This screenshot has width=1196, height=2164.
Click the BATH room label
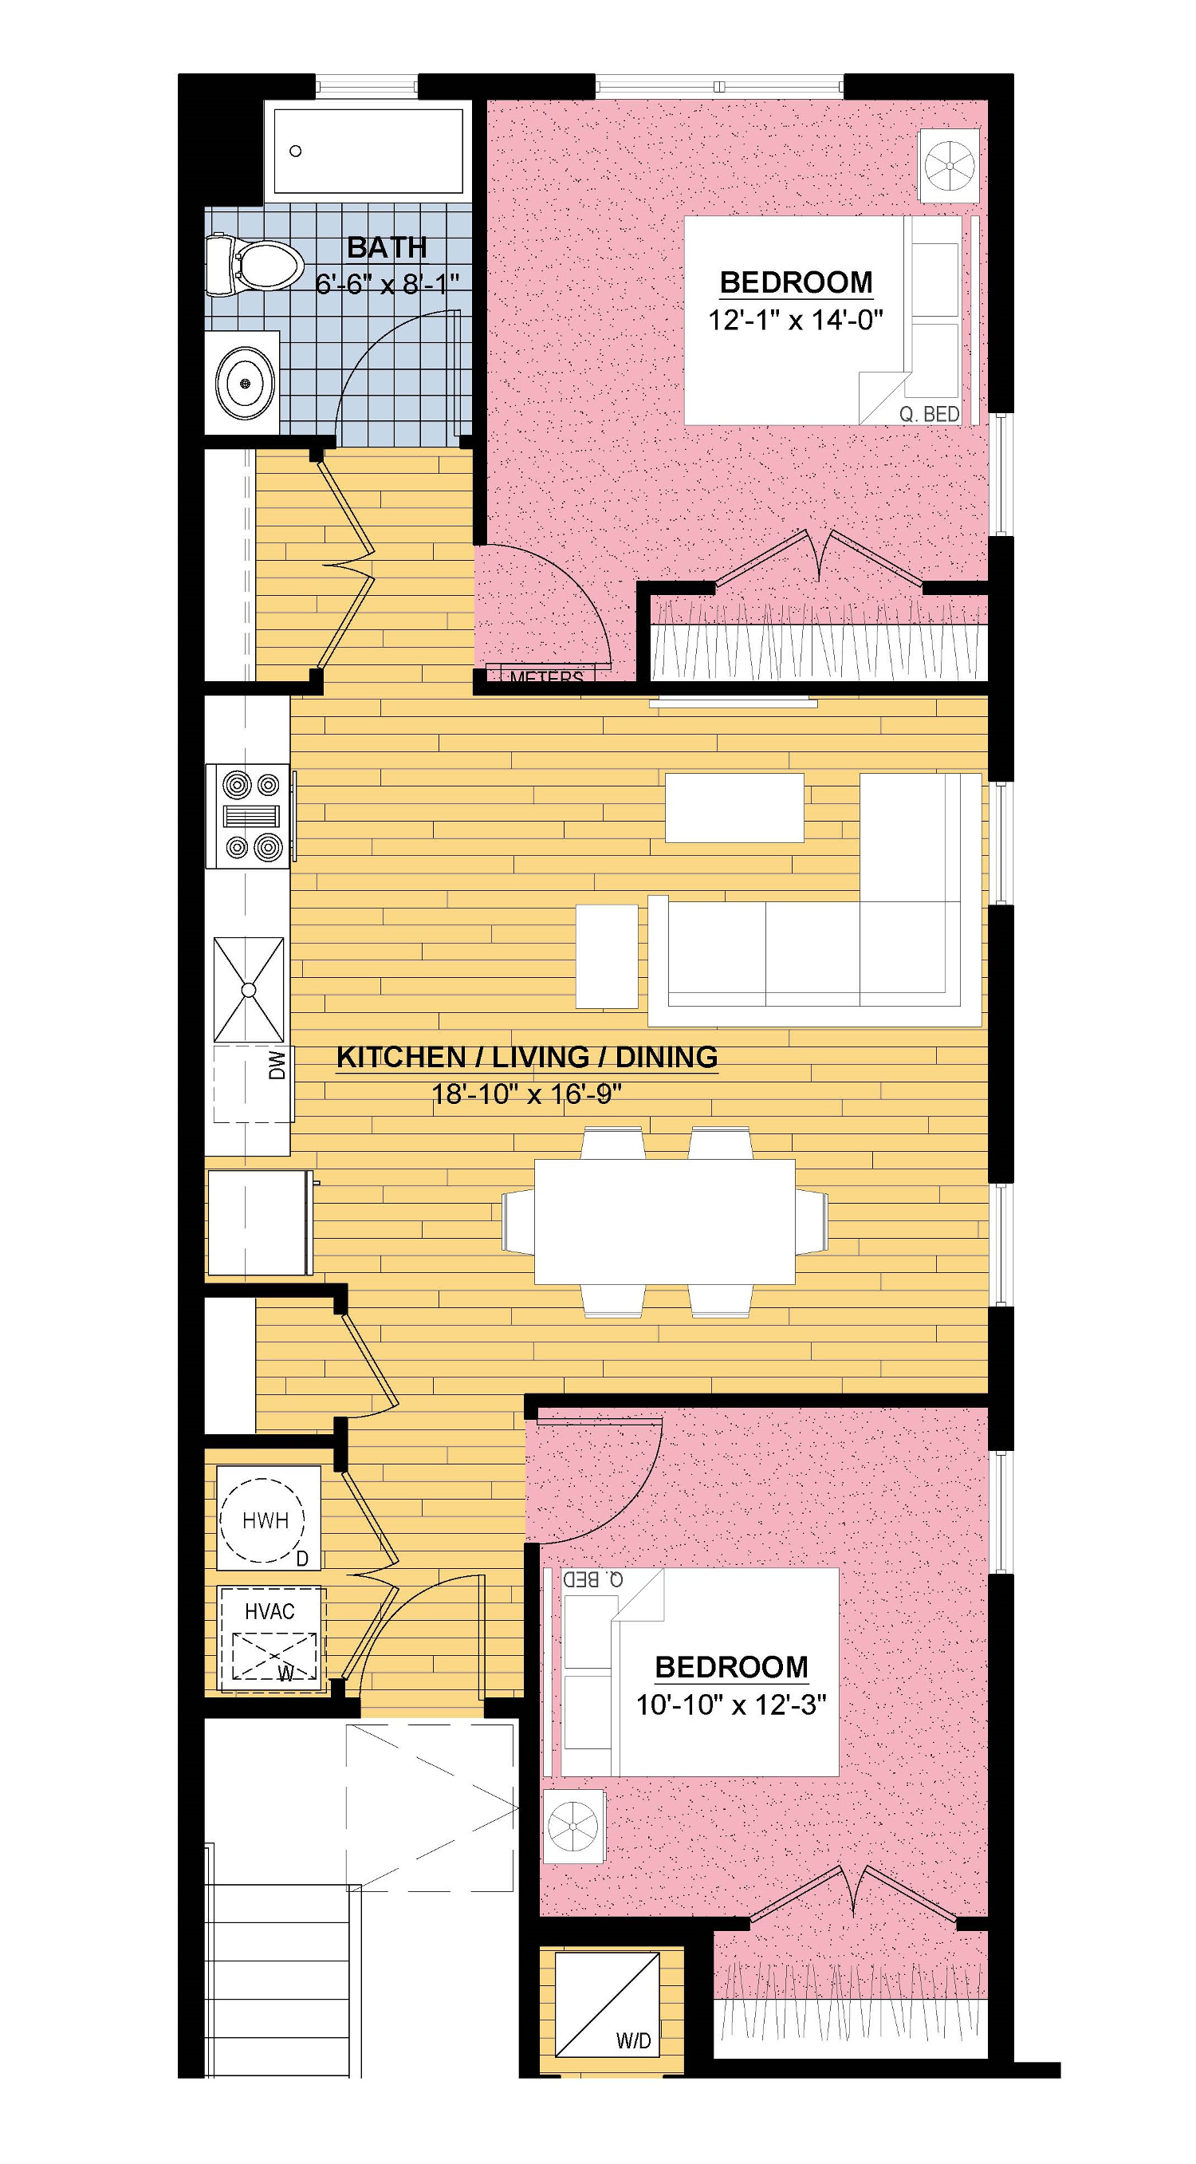pyautogui.click(x=387, y=248)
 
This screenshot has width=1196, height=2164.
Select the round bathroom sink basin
pyautogui.click(x=246, y=383)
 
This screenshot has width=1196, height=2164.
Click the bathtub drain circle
pyautogui.click(x=296, y=152)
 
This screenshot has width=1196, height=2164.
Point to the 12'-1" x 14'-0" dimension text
pyautogui.click(x=797, y=320)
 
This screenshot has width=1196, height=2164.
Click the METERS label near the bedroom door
pyautogui.click(x=546, y=676)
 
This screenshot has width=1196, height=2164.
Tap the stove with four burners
pyautogui.click(x=250, y=816)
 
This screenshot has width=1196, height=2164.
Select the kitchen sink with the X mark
pyautogui.click(x=249, y=990)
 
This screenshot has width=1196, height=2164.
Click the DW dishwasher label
pyautogui.click(x=278, y=1065)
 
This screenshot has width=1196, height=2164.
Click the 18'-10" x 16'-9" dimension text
pyautogui.click(x=526, y=1094)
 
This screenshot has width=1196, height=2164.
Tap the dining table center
pyautogui.click(x=664, y=1220)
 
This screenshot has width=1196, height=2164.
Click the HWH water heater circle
pyautogui.click(x=266, y=1520)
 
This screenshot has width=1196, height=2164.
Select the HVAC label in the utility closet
pyautogui.click(x=269, y=1611)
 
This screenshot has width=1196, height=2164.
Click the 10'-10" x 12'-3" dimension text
pyautogui.click(x=731, y=1705)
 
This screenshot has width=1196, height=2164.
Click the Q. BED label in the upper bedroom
pyautogui.click(x=929, y=414)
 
